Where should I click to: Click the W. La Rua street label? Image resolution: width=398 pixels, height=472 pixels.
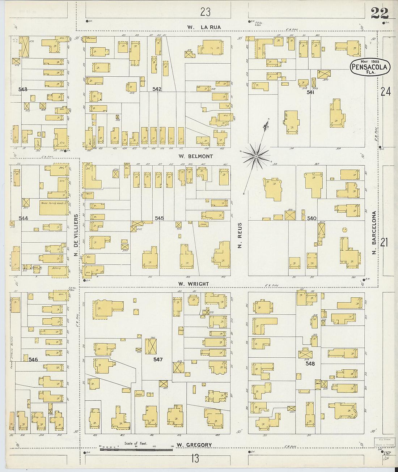204,27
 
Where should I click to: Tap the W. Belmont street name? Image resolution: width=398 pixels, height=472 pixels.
195,156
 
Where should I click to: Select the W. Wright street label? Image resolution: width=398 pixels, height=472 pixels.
193,284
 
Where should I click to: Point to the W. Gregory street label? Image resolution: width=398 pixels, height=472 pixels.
194,445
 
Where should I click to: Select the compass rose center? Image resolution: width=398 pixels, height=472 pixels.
256,156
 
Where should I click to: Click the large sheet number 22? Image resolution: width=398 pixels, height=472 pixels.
380,13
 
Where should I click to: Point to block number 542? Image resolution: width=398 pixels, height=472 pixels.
157,89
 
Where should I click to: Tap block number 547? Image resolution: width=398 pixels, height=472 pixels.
158,360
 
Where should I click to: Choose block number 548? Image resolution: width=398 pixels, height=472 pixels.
310,363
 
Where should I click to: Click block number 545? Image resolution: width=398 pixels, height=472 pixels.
159,218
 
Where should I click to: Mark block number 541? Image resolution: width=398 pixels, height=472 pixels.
310,92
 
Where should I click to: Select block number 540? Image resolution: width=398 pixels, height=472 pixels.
312,218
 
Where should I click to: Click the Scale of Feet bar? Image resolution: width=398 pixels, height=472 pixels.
136,450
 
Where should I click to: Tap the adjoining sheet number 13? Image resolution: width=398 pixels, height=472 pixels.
195,459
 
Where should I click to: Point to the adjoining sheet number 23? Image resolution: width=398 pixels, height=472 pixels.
205,12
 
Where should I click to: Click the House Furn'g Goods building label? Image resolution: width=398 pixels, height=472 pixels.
54,203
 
